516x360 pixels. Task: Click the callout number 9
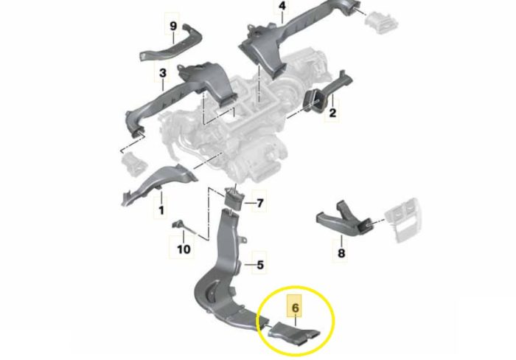[x=173, y=26]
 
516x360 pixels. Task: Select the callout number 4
[x=282, y=6]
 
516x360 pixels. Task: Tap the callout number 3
[x=163, y=73]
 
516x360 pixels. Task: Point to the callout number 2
[x=332, y=113]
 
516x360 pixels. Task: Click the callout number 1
[x=161, y=210]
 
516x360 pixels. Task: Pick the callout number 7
[x=260, y=203]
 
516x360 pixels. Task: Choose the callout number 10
[x=184, y=249]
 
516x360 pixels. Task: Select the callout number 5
[x=260, y=265]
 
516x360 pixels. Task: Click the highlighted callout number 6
[x=295, y=308]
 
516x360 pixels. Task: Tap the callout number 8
[x=341, y=253]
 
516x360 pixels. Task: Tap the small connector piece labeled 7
[x=234, y=197]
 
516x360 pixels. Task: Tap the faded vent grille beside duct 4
[x=382, y=22]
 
